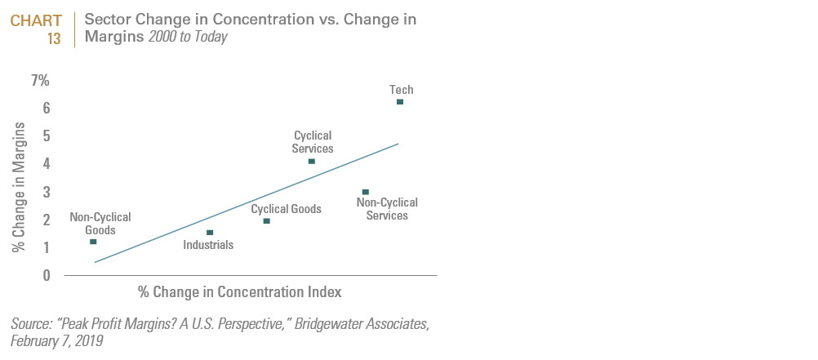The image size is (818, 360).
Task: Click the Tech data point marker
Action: (x=399, y=102)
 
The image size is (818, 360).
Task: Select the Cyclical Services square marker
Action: (x=312, y=161)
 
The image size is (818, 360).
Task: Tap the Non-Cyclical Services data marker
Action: (x=365, y=192)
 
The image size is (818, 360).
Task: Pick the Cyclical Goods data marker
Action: (x=267, y=221)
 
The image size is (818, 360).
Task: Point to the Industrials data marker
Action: (x=210, y=233)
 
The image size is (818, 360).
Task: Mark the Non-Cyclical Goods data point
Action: (x=93, y=242)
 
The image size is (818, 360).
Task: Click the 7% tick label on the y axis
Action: (x=40, y=81)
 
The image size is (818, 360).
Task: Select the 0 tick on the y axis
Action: (x=46, y=275)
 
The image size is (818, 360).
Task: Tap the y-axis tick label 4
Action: (x=46, y=164)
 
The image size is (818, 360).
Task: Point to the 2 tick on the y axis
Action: (x=46, y=220)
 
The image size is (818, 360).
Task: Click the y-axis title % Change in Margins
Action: (x=20, y=186)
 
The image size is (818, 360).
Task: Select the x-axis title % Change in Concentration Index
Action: (x=239, y=291)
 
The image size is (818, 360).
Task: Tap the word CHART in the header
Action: (x=36, y=20)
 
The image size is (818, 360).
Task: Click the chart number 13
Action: (x=54, y=38)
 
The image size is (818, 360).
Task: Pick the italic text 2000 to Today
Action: (x=188, y=38)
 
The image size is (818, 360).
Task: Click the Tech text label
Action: (x=401, y=90)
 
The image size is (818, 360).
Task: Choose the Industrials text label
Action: (x=208, y=244)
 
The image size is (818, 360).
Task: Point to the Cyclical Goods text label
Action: (x=287, y=209)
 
